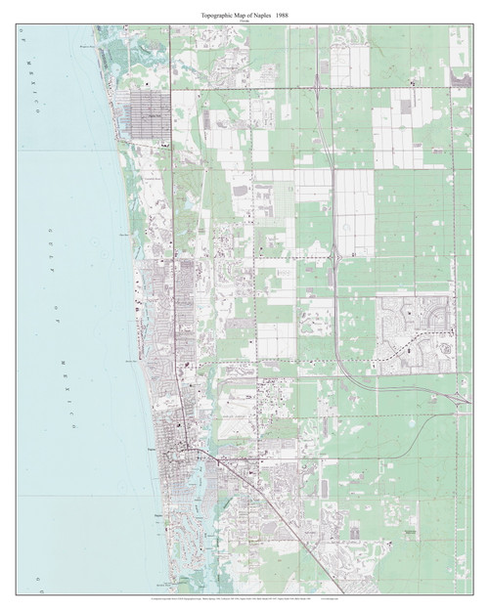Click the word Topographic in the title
click(x=206, y=13)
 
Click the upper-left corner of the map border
click(x=17, y=24)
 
